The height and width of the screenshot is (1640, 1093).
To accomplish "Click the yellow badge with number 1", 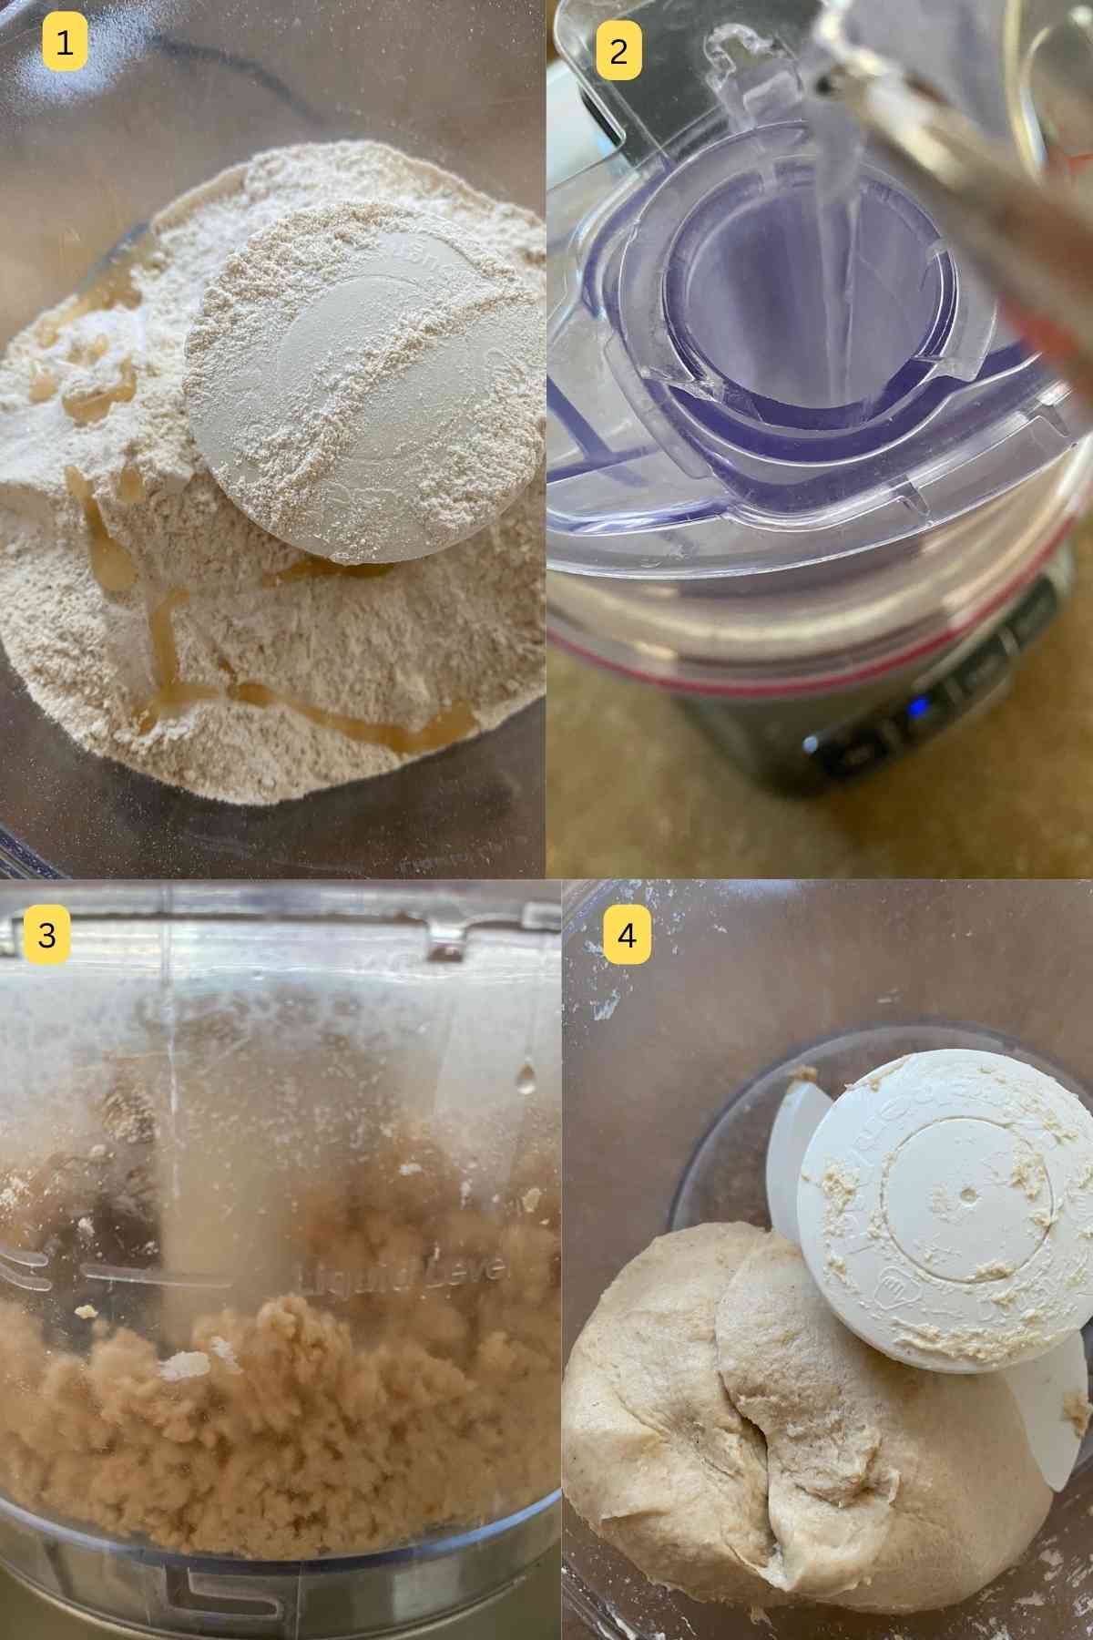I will pyautogui.click(x=64, y=43).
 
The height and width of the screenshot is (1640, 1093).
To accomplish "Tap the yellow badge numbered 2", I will pyautogui.click(x=618, y=52).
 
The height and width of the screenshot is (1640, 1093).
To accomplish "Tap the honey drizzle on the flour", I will pyautogui.click(x=301, y=702).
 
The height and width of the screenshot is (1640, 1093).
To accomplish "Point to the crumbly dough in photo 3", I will pyautogui.click(x=273, y=1385).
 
